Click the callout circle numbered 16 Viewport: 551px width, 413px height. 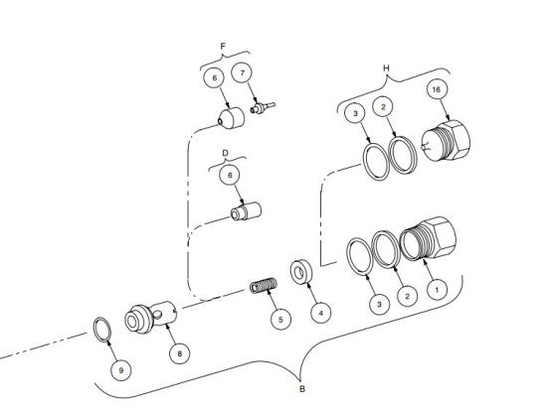click(x=436, y=89)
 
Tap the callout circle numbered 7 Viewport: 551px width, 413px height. click(x=242, y=72)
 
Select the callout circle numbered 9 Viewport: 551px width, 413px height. click(x=121, y=370)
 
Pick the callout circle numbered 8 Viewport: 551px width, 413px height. click(x=180, y=353)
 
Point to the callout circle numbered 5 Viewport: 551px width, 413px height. click(x=280, y=320)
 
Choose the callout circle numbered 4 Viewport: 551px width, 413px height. click(x=321, y=313)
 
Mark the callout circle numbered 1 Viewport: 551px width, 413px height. click(x=438, y=290)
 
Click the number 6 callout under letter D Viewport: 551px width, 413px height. click(x=230, y=175)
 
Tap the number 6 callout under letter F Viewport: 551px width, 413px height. click(x=215, y=77)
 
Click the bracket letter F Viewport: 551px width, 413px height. click(x=223, y=47)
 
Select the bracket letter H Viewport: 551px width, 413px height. click(x=386, y=69)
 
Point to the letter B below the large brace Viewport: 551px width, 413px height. click(x=302, y=389)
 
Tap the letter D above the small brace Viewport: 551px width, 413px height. click(x=226, y=153)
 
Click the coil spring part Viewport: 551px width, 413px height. click(x=264, y=285)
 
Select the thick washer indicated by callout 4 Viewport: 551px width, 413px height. click(x=301, y=272)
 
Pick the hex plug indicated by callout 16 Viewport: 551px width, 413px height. click(x=446, y=140)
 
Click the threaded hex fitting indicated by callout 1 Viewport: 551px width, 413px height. click(x=428, y=238)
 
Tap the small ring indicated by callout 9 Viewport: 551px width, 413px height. click(x=101, y=330)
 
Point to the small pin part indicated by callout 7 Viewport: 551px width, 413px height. click(x=263, y=108)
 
